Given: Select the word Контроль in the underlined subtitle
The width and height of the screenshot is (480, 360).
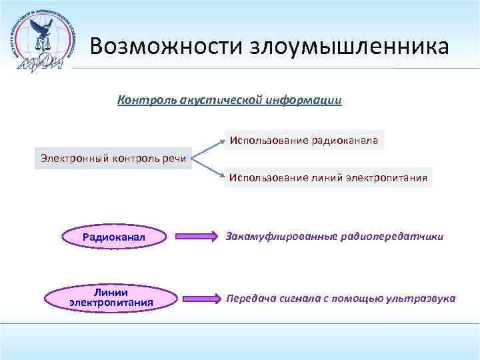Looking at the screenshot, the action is click(141, 100).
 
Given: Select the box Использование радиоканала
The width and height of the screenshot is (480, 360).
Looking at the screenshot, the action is click(304, 141).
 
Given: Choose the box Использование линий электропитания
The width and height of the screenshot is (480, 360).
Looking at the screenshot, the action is click(328, 178).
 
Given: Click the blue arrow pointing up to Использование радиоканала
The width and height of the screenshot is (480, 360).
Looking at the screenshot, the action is click(208, 149).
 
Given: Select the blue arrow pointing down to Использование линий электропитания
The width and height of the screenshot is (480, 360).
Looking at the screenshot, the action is click(208, 169).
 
